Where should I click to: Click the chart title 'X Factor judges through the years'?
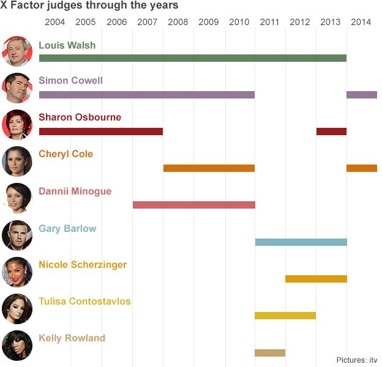tap(89, 6)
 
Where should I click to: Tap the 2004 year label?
tap(55, 23)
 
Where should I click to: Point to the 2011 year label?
tap(269, 23)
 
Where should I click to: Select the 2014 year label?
tap(361, 23)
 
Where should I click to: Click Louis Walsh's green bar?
tap(192, 58)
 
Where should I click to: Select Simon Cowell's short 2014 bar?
tap(361, 95)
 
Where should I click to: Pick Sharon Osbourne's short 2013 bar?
tap(331, 132)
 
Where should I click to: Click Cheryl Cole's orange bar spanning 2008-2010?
tap(209, 168)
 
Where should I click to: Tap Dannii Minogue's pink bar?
tap(193, 205)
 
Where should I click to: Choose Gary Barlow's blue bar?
tap(301, 242)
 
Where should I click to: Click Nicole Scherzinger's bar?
tap(316, 279)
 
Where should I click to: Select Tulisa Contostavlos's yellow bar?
tap(285, 316)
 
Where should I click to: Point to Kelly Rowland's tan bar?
tap(270, 352)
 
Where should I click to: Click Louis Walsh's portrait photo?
tap(17, 51)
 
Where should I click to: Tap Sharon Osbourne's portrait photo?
tap(17, 124)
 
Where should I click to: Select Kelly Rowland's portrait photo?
tap(17, 345)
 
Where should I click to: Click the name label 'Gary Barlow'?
tap(67, 228)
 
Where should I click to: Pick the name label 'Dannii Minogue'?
tap(75, 191)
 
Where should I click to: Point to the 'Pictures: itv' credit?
tap(357, 360)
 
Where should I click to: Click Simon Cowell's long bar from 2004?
tap(146, 95)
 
